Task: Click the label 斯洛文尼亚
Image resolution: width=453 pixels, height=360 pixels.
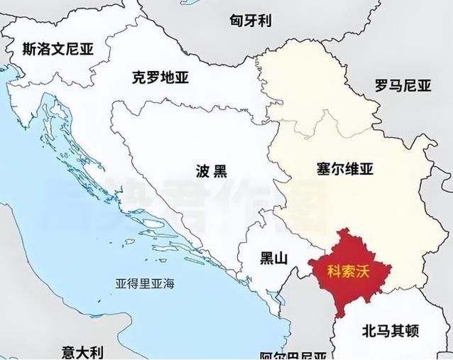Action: pos(58,49)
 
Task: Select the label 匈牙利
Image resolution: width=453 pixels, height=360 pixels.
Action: pos(251,20)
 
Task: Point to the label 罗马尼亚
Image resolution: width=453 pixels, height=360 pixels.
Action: pos(403,87)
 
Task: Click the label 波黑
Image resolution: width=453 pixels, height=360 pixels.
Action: pos(211,171)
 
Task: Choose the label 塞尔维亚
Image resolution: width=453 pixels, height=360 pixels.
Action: pos(344,170)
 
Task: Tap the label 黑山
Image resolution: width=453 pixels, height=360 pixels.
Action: pos(274,258)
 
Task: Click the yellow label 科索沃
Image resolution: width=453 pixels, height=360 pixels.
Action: pos(349,271)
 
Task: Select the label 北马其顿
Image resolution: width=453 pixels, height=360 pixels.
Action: pos(391,330)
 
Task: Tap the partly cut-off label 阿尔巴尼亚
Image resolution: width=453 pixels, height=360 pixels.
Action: pos(293,356)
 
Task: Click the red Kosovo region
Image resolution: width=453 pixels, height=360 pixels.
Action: pos(348,291)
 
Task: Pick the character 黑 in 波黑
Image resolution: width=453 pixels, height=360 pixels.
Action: pos(221,171)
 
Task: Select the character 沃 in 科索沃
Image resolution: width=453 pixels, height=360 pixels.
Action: pos(363,271)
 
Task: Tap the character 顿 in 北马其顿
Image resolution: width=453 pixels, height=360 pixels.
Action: pos(413,330)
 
